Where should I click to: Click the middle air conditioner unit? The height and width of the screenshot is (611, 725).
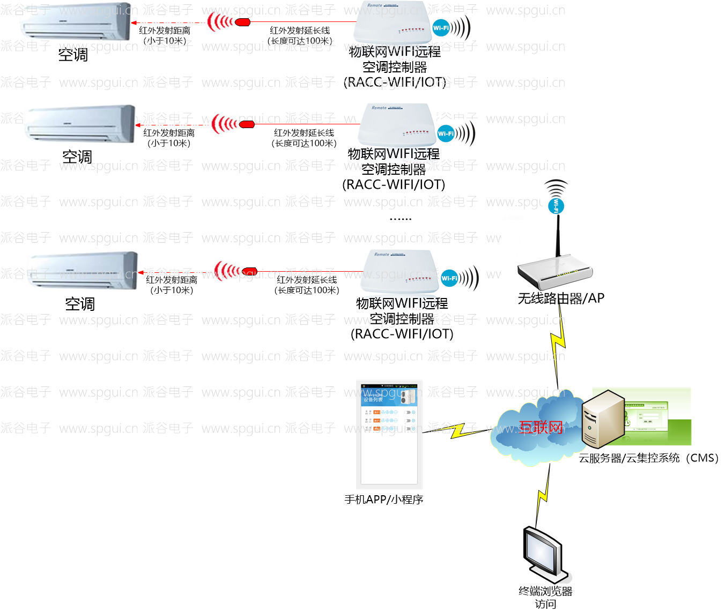click(80, 124)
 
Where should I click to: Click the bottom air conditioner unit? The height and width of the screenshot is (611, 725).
click(83, 271)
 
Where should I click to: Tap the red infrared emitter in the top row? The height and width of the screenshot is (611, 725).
click(243, 22)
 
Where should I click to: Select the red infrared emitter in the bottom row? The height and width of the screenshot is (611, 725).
click(249, 271)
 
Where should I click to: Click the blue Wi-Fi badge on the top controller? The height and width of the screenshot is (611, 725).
click(441, 28)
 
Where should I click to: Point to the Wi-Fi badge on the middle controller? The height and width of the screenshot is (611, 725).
click(446, 133)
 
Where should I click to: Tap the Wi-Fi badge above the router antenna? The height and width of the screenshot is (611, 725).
click(556, 205)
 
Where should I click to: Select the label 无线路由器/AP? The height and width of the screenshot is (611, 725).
click(561, 299)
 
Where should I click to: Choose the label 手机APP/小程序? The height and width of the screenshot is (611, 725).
click(384, 500)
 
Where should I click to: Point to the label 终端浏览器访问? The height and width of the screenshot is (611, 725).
click(545, 597)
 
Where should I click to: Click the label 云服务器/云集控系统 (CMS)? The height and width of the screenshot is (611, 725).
click(648, 458)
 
